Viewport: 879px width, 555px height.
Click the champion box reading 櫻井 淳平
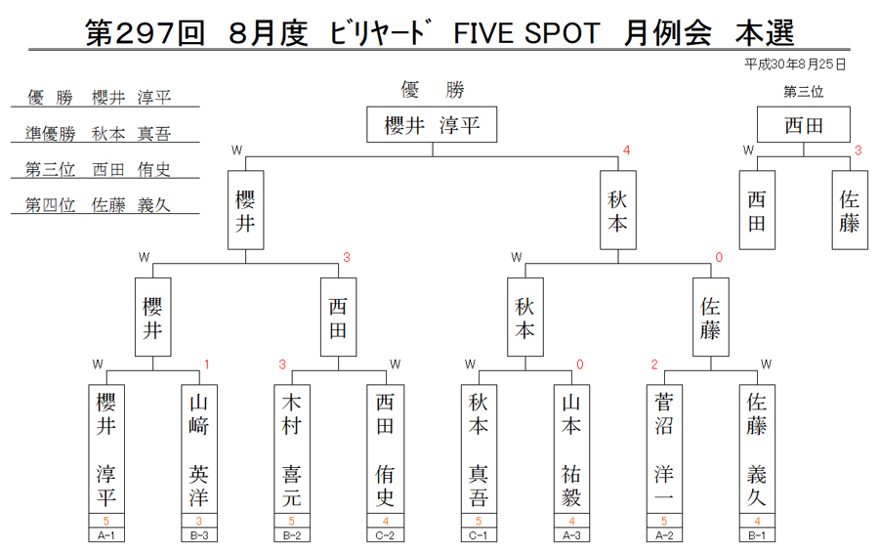click(432, 124)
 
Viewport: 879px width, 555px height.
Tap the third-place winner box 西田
click(804, 124)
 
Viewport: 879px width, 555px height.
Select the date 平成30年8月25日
click(795, 64)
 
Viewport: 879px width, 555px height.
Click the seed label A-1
click(105, 535)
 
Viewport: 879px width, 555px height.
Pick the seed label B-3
click(199, 535)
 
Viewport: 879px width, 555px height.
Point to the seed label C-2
click(385, 535)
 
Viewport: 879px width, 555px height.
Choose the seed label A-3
click(571, 535)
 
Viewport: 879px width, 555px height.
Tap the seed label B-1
click(757, 535)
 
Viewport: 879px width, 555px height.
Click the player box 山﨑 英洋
click(199, 448)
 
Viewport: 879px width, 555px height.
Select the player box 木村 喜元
click(292, 448)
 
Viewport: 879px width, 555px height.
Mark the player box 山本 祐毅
click(571, 448)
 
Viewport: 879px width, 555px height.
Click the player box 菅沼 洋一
click(664, 448)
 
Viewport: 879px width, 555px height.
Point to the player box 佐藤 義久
click(757, 448)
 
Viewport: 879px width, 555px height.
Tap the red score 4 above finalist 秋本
click(627, 150)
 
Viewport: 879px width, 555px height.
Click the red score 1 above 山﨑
click(207, 364)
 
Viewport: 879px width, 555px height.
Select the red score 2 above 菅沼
click(654, 364)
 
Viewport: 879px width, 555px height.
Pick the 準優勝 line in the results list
click(98, 134)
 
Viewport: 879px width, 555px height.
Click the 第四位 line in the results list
click(98, 204)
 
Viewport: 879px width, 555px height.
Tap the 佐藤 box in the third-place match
click(850, 210)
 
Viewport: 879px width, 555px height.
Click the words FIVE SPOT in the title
click(526, 32)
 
